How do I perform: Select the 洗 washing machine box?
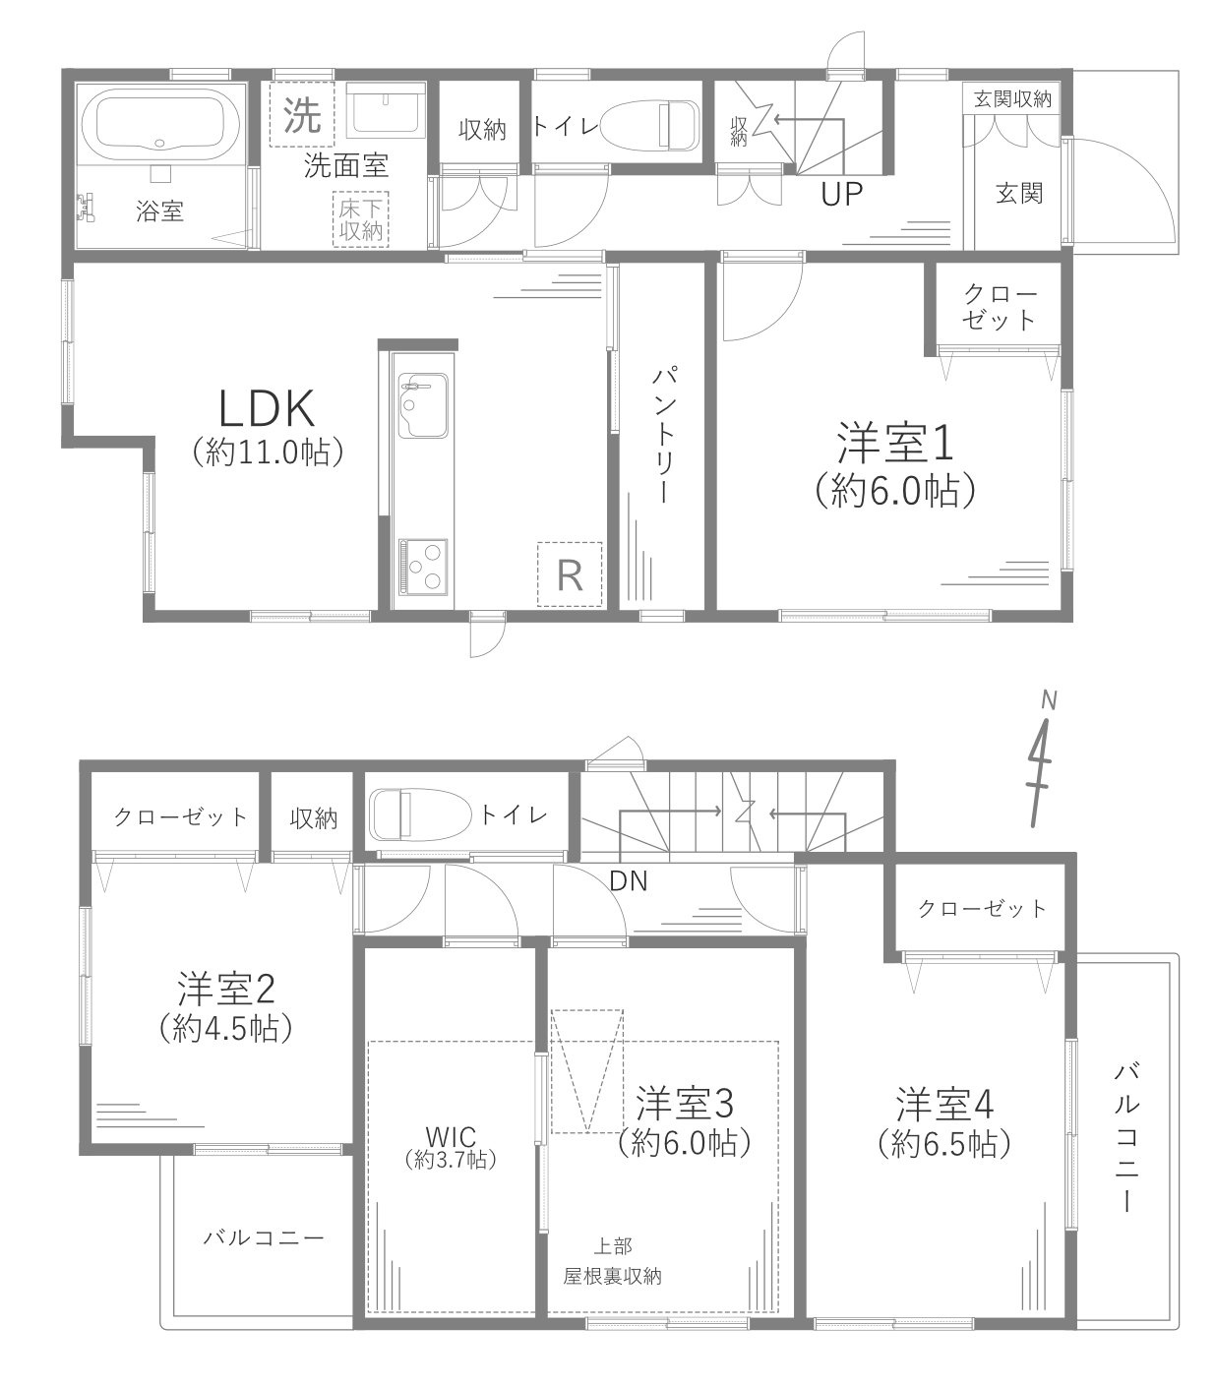coord(302,118)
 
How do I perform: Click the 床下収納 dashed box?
coord(361,220)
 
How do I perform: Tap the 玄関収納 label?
coord(1012,99)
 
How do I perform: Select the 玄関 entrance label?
coord(1018,193)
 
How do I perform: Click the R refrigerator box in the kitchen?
coord(569,574)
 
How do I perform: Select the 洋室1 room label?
coord(895,445)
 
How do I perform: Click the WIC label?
coord(452,1136)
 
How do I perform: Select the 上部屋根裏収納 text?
coord(611,1262)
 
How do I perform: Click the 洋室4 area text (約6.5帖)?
coord(944,1142)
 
